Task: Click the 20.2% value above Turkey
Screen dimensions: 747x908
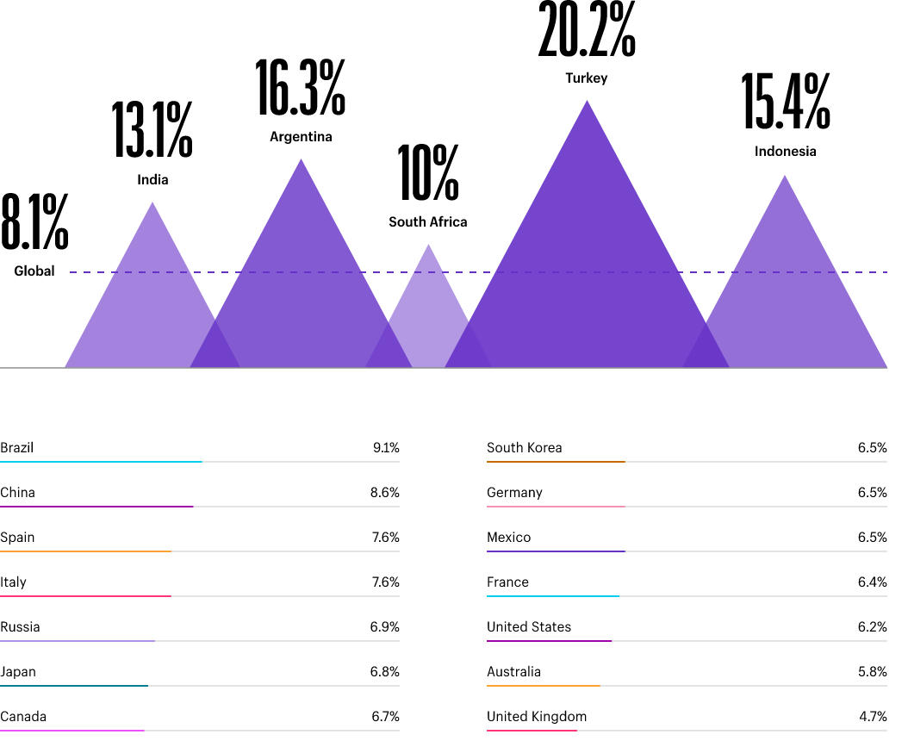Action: (x=587, y=30)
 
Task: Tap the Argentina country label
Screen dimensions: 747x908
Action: (x=301, y=137)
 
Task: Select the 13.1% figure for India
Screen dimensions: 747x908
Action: (x=152, y=130)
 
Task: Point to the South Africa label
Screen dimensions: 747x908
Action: (x=428, y=222)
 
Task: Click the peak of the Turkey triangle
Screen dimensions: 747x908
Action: (x=588, y=103)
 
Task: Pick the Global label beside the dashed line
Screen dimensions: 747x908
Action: (x=34, y=271)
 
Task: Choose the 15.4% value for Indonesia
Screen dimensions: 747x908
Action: (x=786, y=101)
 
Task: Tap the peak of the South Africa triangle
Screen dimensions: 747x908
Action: (x=428, y=246)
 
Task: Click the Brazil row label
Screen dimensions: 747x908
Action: (x=17, y=448)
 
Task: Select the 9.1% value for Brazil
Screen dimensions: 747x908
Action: (x=386, y=448)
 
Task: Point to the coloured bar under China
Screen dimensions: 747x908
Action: (x=96, y=507)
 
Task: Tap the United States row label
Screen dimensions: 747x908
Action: (x=529, y=627)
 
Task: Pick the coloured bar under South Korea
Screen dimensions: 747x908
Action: (x=556, y=462)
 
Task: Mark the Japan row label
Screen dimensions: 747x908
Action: (x=18, y=672)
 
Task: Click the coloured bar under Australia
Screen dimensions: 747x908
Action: (x=543, y=686)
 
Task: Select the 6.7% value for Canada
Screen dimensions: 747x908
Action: (x=386, y=717)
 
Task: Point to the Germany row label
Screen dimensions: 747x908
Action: (x=514, y=493)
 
